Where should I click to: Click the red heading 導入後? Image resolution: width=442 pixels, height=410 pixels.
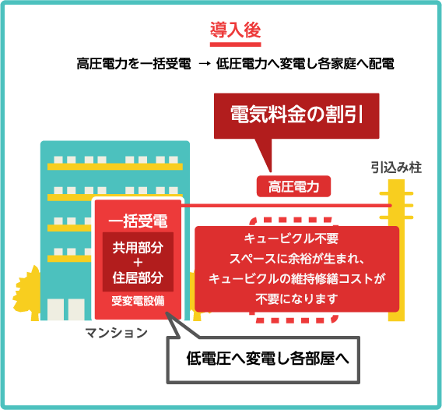[235, 30]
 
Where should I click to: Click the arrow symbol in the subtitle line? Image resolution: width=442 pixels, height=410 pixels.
[205, 64]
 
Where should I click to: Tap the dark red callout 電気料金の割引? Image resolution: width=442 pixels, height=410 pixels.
[296, 116]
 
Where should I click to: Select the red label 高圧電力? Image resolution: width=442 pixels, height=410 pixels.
[293, 186]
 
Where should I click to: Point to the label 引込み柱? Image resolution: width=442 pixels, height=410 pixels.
[396, 168]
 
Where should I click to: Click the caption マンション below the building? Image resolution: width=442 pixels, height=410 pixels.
[117, 333]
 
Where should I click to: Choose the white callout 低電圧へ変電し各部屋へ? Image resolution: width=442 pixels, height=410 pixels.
[264, 360]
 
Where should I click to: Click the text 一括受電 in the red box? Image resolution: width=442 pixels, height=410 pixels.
[138, 221]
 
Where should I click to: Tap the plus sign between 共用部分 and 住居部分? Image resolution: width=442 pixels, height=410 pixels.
[138, 263]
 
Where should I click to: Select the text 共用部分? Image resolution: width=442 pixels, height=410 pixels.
[138, 248]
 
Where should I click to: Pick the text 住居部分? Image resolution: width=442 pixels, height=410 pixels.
[138, 277]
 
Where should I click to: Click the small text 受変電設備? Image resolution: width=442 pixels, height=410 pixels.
[138, 301]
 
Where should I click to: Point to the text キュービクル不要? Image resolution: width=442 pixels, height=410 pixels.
[291, 239]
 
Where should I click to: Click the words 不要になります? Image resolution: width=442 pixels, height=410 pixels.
[296, 299]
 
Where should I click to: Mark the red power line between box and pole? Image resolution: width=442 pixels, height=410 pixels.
[286, 206]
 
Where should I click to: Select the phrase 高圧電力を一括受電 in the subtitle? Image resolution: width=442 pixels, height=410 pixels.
[134, 64]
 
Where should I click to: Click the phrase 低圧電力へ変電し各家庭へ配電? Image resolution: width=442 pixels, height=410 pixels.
[305, 64]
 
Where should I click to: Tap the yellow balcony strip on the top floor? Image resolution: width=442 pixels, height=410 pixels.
[115, 167]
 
